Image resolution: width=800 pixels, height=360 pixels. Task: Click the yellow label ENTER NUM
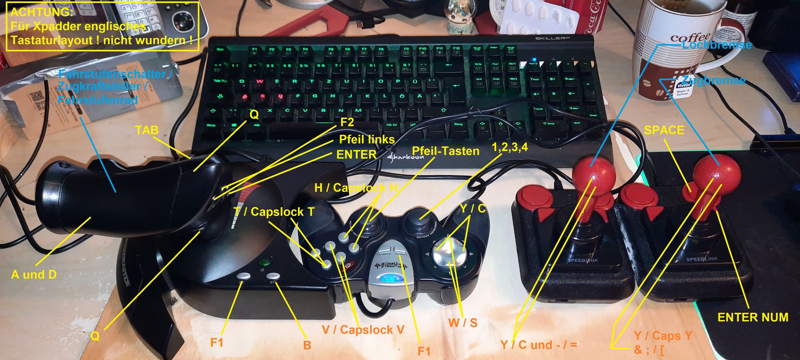click(752, 317)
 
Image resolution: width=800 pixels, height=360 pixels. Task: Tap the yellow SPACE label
click(664, 130)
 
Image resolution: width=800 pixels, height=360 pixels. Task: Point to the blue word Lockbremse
click(717, 45)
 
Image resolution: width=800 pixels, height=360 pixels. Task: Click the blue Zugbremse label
click(713, 80)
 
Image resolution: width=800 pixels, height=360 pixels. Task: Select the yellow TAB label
click(147, 130)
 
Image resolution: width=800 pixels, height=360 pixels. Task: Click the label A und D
click(34, 275)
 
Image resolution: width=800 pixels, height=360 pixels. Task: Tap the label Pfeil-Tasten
click(445, 151)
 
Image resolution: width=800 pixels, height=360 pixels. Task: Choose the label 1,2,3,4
click(510, 147)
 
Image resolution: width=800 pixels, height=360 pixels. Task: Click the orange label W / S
click(462, 322)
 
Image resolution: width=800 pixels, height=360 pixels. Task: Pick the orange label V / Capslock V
click(363, 330)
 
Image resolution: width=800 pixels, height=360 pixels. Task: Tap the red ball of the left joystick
click(594, 173)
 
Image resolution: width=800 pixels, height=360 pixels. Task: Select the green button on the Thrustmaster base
click(264, 263)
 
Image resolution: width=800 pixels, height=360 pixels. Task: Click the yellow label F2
click(347, 122)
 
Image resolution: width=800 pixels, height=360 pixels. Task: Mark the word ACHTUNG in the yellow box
click(41, 12)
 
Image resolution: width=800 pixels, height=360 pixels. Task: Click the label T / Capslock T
click(274, 212)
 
